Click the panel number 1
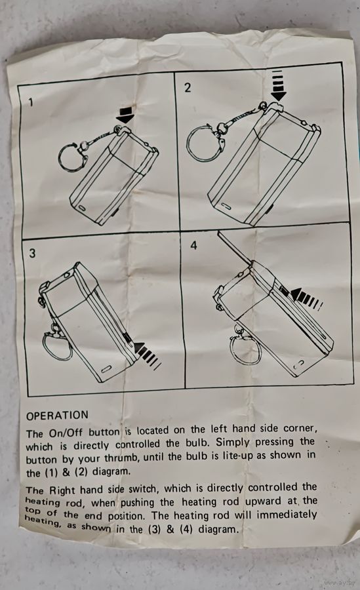pos(31,102)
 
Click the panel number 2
pos(187,88)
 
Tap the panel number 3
pos(32,253)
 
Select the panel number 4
pos(193,246)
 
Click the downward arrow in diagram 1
pos(125,115)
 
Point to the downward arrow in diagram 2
pos(278,85)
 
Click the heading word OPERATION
pos(57,416)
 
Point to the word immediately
pos(287,514)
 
